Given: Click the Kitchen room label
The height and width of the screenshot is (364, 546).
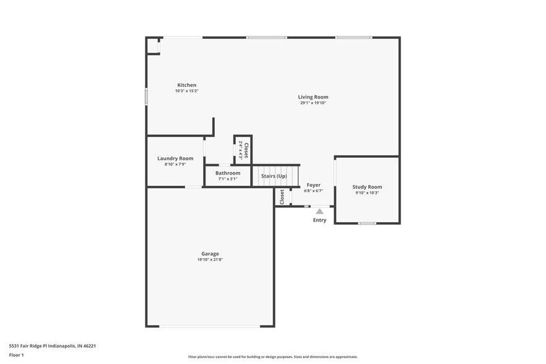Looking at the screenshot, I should [186, 85].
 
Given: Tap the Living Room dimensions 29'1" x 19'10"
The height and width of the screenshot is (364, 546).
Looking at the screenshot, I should [313, 103].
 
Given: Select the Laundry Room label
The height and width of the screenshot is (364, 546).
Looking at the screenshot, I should [175, 158].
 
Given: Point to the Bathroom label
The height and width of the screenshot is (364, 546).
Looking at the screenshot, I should [228, 173].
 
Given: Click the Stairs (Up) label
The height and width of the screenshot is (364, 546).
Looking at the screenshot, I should [274, 176].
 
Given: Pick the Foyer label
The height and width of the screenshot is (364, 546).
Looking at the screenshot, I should [313, 185].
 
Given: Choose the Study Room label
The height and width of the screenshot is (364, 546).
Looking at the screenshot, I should [367, 187].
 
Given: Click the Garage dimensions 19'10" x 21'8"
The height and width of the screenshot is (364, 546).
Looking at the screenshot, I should [210, 259].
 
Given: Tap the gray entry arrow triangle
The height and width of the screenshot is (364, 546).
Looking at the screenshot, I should [319, 211].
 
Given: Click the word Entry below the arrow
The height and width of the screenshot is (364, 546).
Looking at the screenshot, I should [319, 220].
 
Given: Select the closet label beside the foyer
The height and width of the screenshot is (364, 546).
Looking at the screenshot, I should [282, 197].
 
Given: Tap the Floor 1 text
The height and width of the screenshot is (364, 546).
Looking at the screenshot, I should [16, 355].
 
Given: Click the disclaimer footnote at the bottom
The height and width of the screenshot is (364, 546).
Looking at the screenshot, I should [272, 357].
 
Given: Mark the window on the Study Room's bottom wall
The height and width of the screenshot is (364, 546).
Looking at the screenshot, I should [367, 223].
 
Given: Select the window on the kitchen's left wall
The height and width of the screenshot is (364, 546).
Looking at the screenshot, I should [147, 97].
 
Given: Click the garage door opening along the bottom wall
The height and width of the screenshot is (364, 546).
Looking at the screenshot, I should [210, 326].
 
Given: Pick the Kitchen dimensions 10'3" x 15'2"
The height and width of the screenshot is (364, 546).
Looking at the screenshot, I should [186, 91].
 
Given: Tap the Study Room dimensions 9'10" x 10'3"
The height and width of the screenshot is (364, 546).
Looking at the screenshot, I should [367, 193].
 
